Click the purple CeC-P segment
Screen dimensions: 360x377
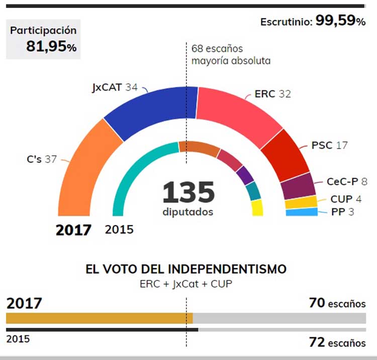(298, 185)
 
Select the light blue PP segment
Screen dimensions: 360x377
(302, 212)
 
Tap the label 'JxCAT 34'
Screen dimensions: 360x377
(115, 87)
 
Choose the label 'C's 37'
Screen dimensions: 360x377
(41, 159)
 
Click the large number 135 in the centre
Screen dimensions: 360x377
(188, 192)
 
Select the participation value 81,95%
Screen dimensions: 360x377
(51, 47)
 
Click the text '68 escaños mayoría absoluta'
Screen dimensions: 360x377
(231, 55)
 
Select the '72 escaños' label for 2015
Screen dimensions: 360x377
(337, 343)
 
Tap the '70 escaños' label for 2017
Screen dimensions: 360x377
(337, 303)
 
